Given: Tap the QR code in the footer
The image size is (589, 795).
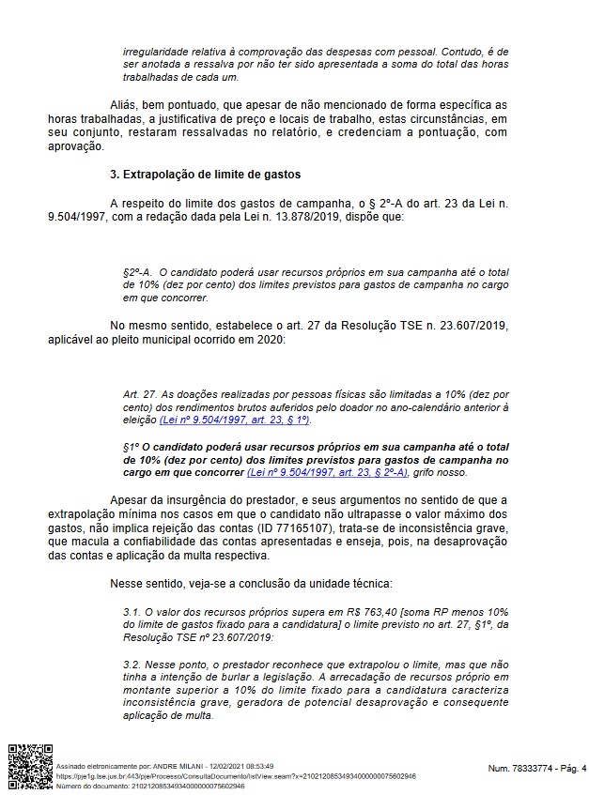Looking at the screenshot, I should coord(30,766).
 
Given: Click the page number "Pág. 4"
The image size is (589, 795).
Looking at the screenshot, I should coord(569,769).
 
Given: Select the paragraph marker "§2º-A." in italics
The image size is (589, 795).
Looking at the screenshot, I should coord(137,270).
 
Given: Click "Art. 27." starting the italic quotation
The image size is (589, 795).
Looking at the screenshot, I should coord(139,394).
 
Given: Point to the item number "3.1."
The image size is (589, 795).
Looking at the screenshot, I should coord(132,611).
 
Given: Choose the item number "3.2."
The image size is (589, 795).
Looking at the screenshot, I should coord(132,662).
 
